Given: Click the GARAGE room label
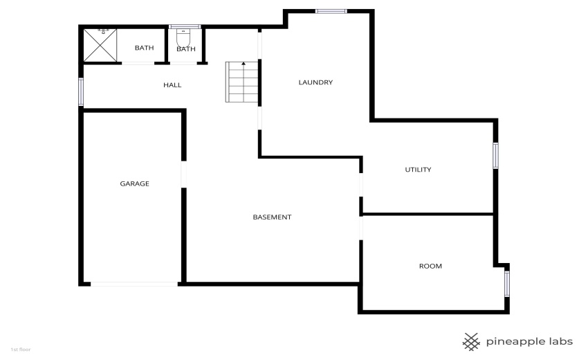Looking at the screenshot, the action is coord(135,183).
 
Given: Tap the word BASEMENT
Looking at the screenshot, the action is coord(272,217).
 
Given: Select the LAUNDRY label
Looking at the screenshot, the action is coord(315,82).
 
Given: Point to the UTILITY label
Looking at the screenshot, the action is coord(418,170).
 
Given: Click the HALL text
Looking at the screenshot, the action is coord(172,85).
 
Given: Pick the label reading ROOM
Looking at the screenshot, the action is coord(430,266).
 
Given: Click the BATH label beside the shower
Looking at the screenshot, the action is coord(144,48).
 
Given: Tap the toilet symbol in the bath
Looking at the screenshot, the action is coord(183,37).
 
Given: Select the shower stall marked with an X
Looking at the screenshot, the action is coord(100,45).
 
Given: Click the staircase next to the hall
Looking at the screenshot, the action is coord(242,82).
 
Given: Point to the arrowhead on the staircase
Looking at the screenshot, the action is coord(244,64).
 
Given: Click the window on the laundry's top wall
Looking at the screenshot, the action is coord(331,11).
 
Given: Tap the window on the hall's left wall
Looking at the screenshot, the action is coord(81,91).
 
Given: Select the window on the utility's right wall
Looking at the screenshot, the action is coord(495,155).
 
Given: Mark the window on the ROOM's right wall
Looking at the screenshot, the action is coord(507,284).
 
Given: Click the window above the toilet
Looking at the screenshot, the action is coord(185,26).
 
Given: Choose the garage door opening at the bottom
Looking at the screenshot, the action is coord(134,284).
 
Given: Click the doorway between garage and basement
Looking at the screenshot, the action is coord(184,174).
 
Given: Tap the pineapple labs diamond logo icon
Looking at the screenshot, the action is coord(471,341).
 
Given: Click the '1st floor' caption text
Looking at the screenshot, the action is coord(21,350).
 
